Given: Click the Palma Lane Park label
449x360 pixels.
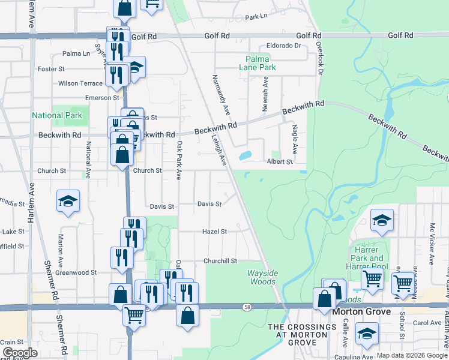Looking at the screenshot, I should tap(261, 64).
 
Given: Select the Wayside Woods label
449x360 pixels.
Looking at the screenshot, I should tap(263, 277).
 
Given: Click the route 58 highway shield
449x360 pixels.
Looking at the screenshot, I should tap(247, 307).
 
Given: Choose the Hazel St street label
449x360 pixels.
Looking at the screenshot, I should tap(214, 231).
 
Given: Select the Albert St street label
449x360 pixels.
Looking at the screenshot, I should tap(280, 162).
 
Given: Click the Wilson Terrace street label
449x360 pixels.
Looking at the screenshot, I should tap(80, 83).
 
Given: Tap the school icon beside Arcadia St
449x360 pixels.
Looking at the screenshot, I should tap(68, 202).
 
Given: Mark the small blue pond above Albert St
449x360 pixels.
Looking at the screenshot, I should tap(245, 155).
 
